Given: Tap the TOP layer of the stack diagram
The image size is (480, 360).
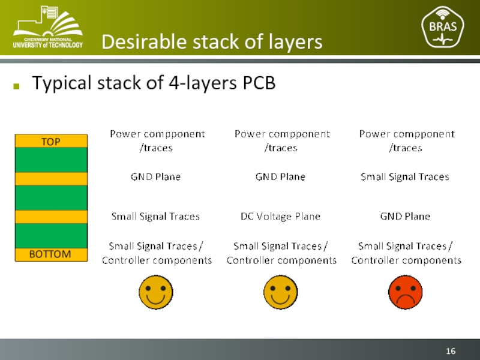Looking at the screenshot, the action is pyautogui.click(x=50, y=141).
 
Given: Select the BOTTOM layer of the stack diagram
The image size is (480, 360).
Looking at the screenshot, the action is pyautogui.click(x=50, y=254).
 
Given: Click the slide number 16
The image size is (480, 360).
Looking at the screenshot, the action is pyautogui.click(x=451, y=350).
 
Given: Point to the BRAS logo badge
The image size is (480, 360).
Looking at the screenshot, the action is pyautogui.click(x=443, y=27).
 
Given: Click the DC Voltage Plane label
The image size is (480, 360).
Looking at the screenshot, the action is pyautogui.click(x=280, y=217).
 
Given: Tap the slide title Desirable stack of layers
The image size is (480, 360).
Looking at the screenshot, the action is pyautogui.click(x=212, y=42).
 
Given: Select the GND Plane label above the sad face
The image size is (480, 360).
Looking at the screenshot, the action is pyautogui.click(x=405, y=217).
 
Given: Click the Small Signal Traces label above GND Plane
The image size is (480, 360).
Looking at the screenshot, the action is pyautogui.click(x=405, y=177).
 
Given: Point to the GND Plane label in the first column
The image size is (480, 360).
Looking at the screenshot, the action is pyautogui.click(x=155, y=177).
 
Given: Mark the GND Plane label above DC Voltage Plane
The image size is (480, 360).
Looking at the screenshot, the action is pyautogui.click(x=280, y=177).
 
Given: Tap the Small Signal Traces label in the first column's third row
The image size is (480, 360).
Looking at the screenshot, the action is pyautogui.click(x=155, y=217).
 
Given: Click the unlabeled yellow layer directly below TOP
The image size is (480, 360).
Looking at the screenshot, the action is pyautogui.click(x=50, y=179).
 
